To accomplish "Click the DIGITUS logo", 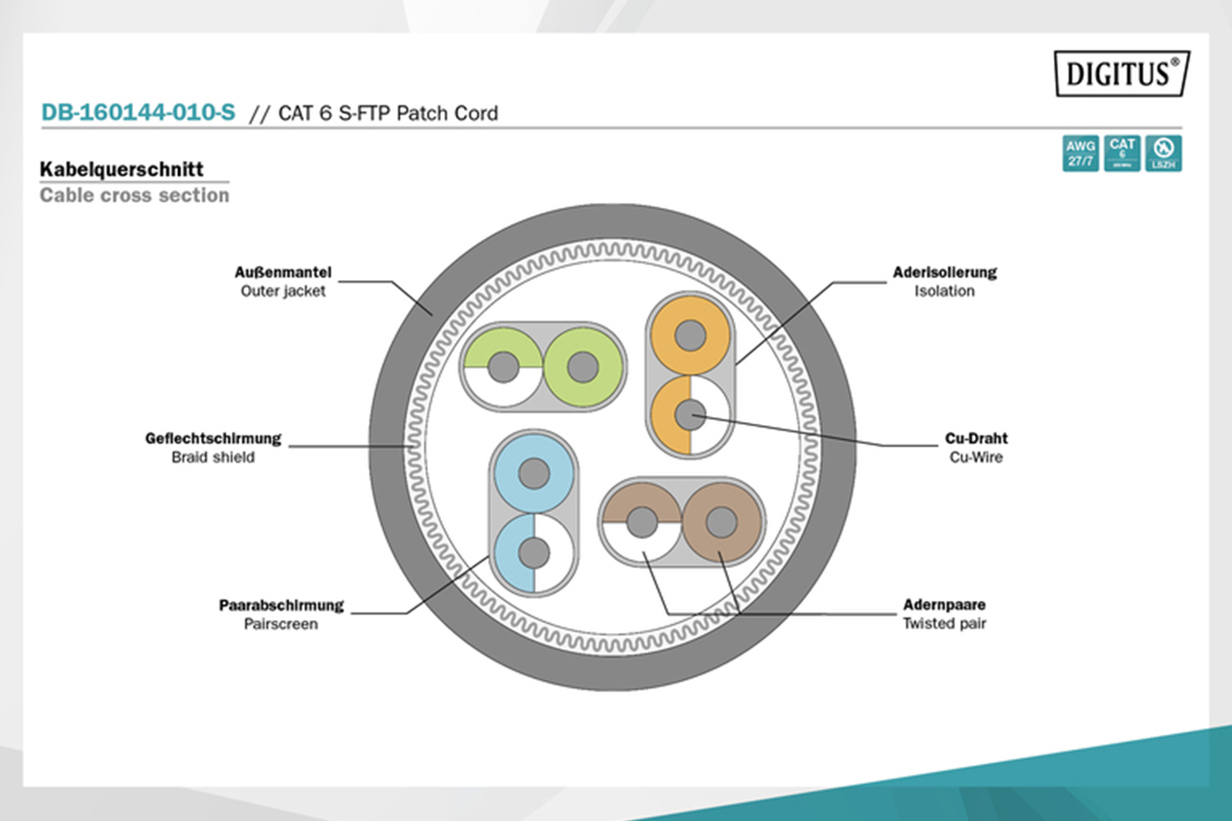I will (1122, 74).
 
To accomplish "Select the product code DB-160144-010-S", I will (138, 112).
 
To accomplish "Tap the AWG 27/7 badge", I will (1080, 154).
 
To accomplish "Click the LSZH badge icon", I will (1163, 154).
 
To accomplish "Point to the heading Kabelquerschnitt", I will (122, 169).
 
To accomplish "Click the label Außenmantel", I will (283, 272).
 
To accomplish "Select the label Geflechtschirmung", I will (213, 438).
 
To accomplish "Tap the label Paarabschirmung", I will (281, 605).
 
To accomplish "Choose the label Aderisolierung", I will (945, 272).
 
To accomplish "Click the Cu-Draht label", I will (976, 438).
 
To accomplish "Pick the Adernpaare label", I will (944, 605).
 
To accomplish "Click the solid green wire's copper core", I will (582, 367).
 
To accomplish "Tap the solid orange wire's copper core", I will (690, 335).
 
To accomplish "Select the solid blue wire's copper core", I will (534, 474).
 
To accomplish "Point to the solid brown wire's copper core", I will (721, 522).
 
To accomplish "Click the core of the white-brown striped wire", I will (641, 522).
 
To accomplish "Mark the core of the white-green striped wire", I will (503, 367).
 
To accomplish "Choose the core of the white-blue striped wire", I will (534, 553).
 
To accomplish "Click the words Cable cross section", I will (135, 195).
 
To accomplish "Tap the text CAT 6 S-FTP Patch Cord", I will (388, 113).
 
